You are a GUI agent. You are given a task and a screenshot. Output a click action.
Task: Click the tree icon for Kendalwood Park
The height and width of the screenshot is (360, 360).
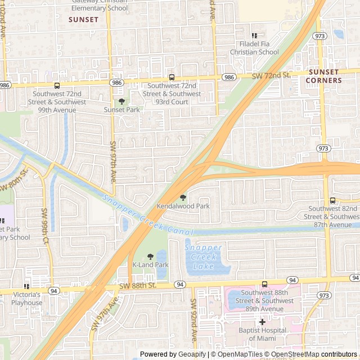pos(183,197)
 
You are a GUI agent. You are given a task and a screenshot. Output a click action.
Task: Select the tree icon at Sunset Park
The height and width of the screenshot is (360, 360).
pos(121,101)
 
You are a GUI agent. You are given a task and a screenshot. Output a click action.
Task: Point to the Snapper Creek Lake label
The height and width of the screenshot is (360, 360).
pos(203,256)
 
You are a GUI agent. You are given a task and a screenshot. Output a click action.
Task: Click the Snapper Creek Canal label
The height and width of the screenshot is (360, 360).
pos(148,215)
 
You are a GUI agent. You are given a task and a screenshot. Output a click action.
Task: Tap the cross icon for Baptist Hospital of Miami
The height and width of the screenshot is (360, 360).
pos(262,321)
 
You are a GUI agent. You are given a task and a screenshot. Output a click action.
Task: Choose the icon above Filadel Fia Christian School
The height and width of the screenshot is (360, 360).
pos(254,35)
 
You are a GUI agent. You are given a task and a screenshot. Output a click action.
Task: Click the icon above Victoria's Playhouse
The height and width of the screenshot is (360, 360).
pos(26,287)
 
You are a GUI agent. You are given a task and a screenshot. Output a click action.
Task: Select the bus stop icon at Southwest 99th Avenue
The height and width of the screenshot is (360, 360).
pos(57,85)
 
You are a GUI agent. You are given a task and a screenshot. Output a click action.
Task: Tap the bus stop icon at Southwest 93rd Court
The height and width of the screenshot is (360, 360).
pos(172,78)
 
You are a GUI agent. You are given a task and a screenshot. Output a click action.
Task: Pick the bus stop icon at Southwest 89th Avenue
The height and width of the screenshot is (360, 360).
pos(264,284)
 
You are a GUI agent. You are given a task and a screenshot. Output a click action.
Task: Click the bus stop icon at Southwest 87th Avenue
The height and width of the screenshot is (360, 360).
pos(332,200)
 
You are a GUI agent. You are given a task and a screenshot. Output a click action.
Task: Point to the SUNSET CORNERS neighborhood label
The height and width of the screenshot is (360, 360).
pos(323,76)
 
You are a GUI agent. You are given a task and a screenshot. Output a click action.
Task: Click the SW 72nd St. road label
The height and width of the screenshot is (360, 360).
pos(271,75)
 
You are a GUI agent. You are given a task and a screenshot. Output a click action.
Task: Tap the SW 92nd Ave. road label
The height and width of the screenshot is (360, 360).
pos(193,319)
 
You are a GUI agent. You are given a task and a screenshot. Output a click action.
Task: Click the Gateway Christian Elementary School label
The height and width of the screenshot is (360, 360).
pos(100,4)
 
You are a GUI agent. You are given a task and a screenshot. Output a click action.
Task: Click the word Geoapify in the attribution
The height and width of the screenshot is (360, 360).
pos(192,354)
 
